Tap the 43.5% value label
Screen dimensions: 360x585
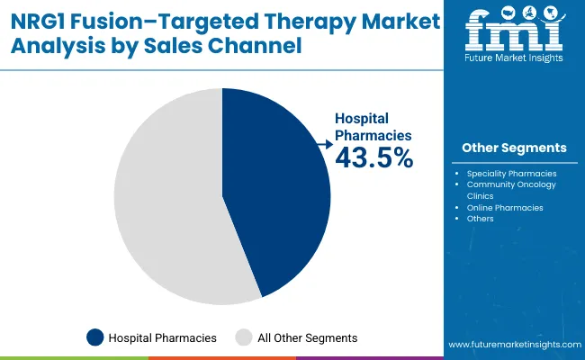tap(373, 158)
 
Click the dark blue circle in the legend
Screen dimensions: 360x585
tap(94, 337)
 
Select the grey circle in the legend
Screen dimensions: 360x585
tap(243, 337)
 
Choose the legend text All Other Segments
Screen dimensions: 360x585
tap(308, 337)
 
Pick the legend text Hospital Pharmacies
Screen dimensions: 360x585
tap(162, 337)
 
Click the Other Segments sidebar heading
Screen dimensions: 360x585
tap(514, 148)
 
